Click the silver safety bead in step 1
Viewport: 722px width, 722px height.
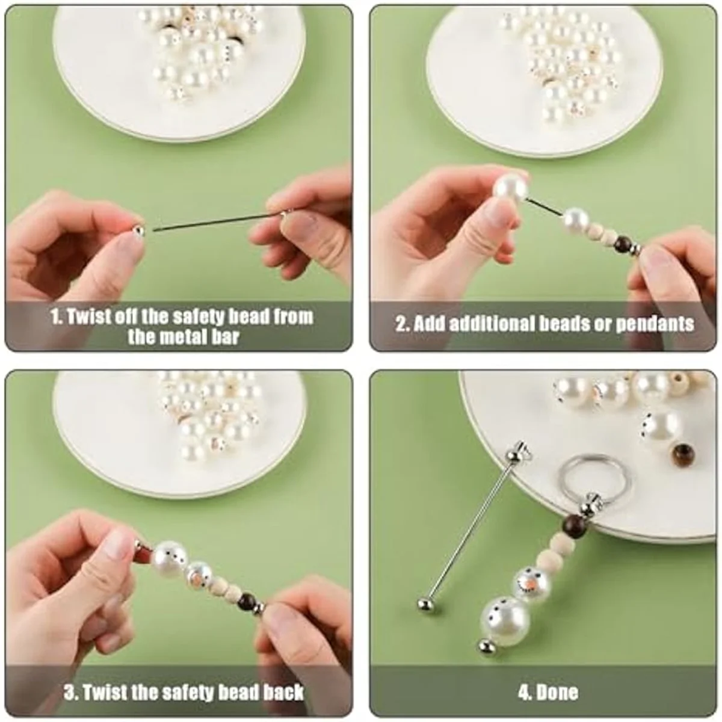click(x=138, y=230)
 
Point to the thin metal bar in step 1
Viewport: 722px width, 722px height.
click(x=211, y=221)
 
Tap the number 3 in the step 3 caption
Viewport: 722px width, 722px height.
click(x=68, y=692)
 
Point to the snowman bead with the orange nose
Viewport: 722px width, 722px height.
click(x=528, y=581)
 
